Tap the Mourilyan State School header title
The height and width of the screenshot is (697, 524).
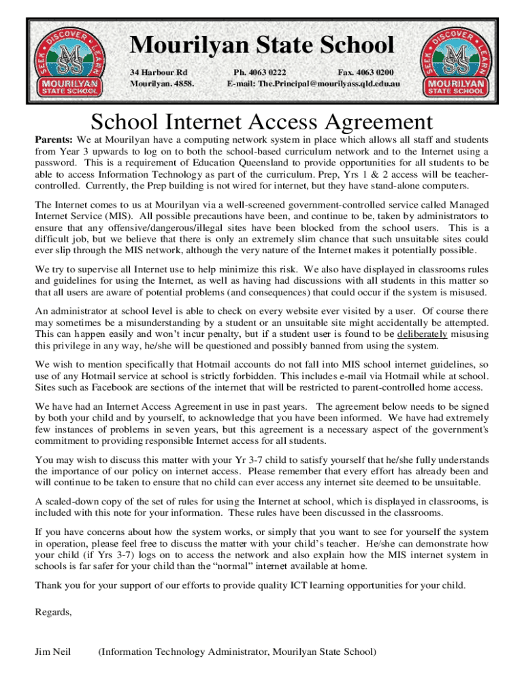262,46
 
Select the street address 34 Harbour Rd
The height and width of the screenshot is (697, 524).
159,71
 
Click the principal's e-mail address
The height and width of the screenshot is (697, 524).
332,83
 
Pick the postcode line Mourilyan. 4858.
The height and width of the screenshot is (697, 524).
162,83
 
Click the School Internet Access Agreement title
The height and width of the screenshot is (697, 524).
262,122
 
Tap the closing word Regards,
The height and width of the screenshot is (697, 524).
53,611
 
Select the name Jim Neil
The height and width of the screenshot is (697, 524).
54,652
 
